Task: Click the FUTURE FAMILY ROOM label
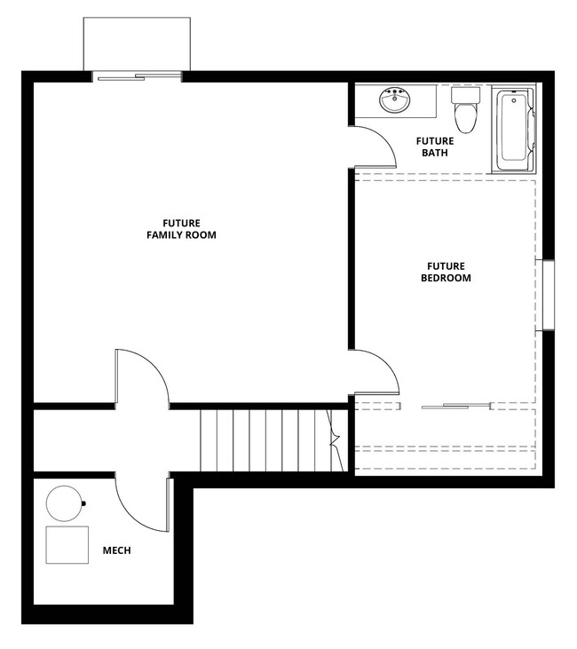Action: click(x=181, y=229)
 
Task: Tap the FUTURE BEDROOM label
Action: click(x=446, y=272)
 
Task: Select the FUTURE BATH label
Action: click(x=434, y=146)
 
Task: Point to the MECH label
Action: click(x=116, y=550)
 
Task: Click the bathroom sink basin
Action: click(x=394, y=101)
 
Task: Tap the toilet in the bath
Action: click(x=463, y=114)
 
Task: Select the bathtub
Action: click(x=513, y=130)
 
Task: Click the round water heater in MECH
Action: click(x=64, y=503)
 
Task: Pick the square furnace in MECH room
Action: click(x=67, y=544)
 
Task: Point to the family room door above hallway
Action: click(x=139, y=377)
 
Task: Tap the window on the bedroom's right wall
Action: click(x=549, y=295)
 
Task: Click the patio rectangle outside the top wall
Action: click(x=137, y=43)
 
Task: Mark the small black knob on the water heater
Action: click(x=83, y=504)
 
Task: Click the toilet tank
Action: click(x=463, y=94)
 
